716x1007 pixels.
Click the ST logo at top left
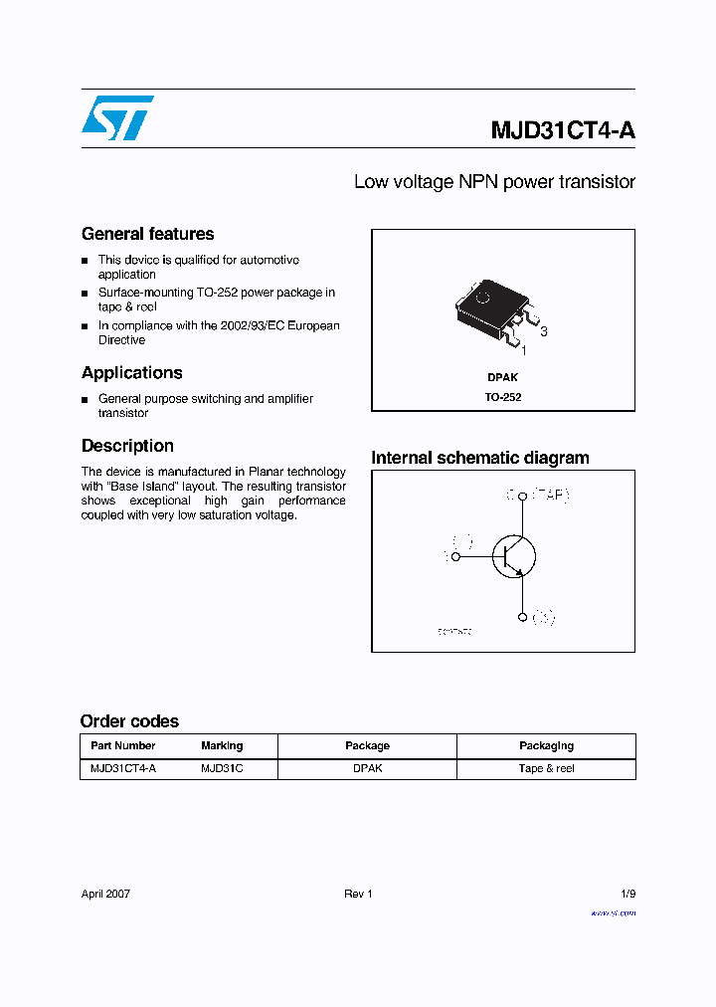click(117, 117)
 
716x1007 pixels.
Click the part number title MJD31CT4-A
click(562, 130)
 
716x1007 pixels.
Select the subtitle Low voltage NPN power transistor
click(494, 182)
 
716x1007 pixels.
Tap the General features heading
click(147, 234)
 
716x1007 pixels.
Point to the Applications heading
click(131, 372)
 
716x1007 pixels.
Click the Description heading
click(127, 446)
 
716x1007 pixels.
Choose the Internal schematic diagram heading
click(479, 458)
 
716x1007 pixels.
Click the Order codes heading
click(129, 721)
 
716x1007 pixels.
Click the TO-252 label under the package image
click(503, 396)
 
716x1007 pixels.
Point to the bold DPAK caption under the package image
click(502, 377)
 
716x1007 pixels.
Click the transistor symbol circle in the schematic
click(513, 556)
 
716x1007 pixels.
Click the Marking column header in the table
click(222, 745)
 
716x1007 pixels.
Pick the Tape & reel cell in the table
click(546, 768)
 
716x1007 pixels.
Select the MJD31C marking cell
click(222, 768)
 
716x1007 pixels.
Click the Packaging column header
click(546, 745)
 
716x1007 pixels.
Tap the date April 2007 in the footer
click(105, 894)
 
